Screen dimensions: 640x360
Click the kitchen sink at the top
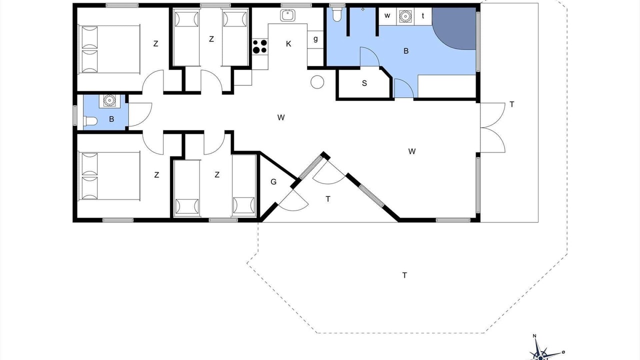click(287, 15)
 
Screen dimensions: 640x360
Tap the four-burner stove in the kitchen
click(259, 46)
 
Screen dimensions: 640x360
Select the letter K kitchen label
click(288, 44)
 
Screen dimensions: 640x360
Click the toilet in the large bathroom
click(337, 14)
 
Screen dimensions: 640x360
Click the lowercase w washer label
click(387, 15)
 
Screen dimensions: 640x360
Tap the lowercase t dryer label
click(423, 15)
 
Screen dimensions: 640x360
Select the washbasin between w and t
click(405, 16)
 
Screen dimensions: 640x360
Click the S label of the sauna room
click(364, 83)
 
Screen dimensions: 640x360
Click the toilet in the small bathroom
click(90, 121)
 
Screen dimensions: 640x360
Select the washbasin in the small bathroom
click(109, 101)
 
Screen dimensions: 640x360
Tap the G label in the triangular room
click(273, 181)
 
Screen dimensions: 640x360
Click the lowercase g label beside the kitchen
click(315, 39)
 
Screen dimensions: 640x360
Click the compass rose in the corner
click(541, 353)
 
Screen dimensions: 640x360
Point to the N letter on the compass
click(534, 335)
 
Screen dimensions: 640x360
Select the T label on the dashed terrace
click(404, 275)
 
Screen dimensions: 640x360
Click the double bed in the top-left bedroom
click(109, 49)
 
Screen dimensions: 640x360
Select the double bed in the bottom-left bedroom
click(109, 176)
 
